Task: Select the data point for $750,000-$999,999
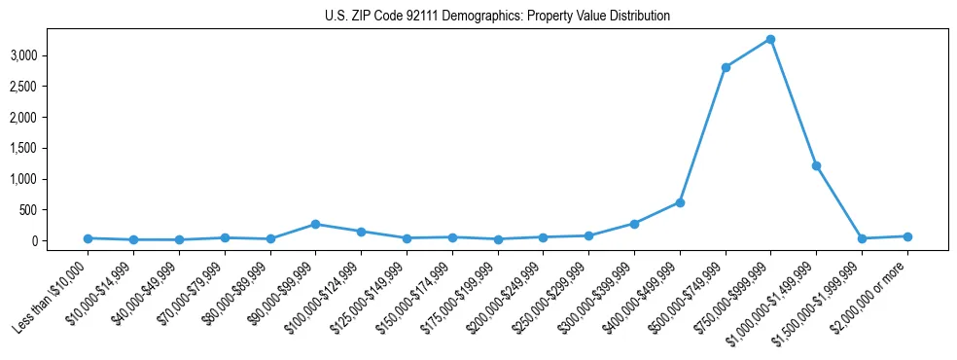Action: (x=770, y=39)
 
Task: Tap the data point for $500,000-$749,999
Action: (x=726, y=67)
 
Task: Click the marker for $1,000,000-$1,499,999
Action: (x=816, y=165)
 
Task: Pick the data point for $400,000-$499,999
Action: (x=680, y=202)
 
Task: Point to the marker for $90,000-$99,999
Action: (x=315, y=224)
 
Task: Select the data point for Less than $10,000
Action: (x=88, y=238)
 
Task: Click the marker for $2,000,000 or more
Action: (x=907, y=236)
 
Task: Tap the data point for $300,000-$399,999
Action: (x=634, y=224)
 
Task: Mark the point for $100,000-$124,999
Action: (x=361, y=232)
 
